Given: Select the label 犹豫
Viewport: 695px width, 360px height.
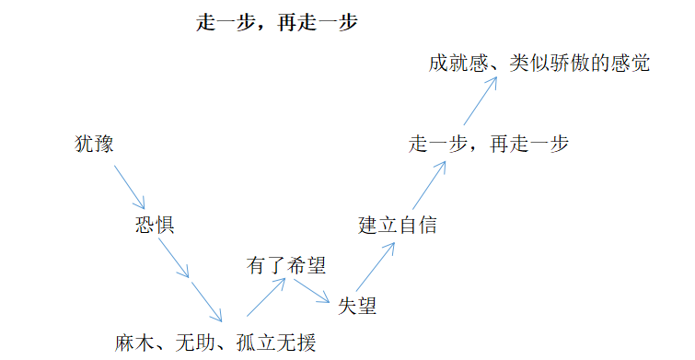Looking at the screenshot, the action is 95,145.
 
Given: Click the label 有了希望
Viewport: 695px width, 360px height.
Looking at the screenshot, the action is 286,266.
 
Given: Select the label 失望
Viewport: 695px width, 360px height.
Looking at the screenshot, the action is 357,306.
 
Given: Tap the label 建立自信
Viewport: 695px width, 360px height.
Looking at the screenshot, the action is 397,225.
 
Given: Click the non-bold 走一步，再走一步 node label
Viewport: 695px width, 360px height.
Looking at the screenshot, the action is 488,145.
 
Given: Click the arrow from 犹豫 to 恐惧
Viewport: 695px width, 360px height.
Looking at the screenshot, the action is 129,185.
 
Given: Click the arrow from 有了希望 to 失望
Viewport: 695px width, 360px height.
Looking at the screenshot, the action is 311,290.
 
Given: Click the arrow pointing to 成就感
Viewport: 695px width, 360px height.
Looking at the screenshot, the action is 480,102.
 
